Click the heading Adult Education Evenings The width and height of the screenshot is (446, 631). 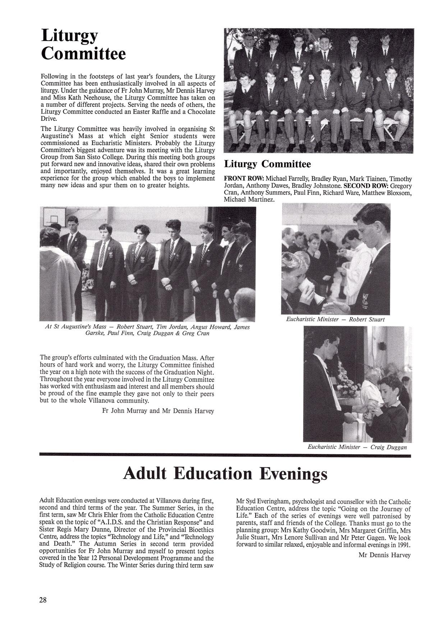click(x=225, y=474)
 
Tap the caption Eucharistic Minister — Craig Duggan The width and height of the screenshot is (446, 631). click(x=357, y=447)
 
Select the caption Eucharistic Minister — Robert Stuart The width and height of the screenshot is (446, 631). click(x=335, y=319)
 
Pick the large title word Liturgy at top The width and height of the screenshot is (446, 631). click(x=69, y=36)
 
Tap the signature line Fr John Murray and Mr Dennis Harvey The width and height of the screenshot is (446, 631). click(x=158, y=411)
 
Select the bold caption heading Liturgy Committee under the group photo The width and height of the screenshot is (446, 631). click(x=267, y=164)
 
